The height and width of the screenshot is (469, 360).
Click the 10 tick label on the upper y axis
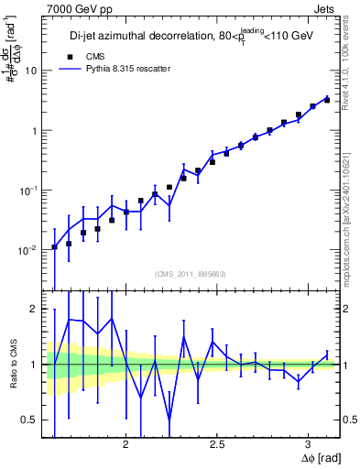tap(31, 71)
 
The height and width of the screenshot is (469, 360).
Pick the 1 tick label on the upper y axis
tap(34, 130)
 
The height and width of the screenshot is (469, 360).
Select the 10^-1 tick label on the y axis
tap(28, 190)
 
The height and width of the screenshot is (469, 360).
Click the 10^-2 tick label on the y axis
tap(28, 249)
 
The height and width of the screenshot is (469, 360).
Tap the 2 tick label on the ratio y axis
tap(34, 309)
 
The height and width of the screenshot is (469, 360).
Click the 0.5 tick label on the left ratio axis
tap(29, 420)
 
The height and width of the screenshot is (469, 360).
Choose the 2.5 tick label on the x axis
tap(217, 444)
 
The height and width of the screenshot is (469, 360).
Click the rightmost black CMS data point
tap(327, 100)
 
